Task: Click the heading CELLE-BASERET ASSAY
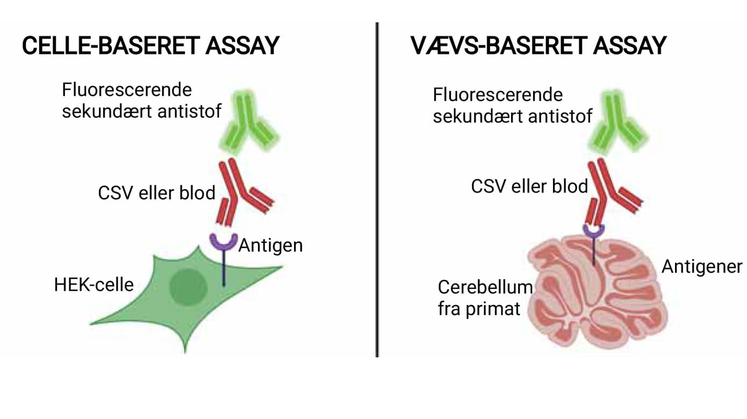click(150, 46)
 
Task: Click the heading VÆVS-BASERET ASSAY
click(538, 46)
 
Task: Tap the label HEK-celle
click(94, 284)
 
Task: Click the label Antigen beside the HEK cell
click(270, 245)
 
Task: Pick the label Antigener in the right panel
click(702, 266)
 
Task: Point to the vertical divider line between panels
click(377, 188)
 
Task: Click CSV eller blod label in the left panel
click(156, 192)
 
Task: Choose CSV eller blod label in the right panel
click(529, 186)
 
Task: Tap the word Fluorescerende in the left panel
click(127, 89)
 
